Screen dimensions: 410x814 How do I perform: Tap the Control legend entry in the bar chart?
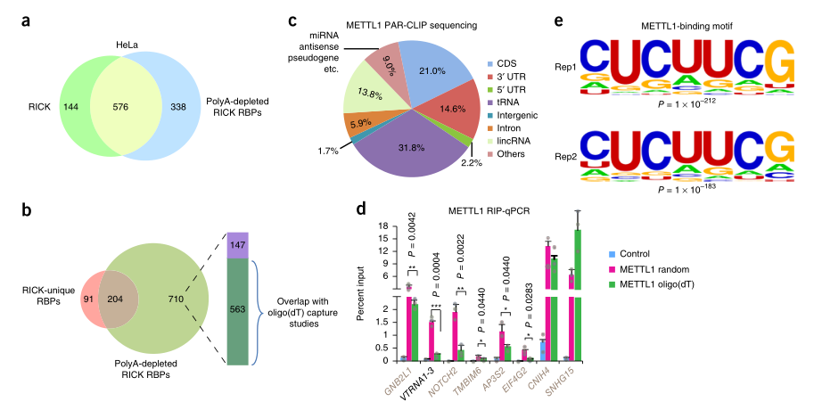pyautogui.click(x=654, y=253)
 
